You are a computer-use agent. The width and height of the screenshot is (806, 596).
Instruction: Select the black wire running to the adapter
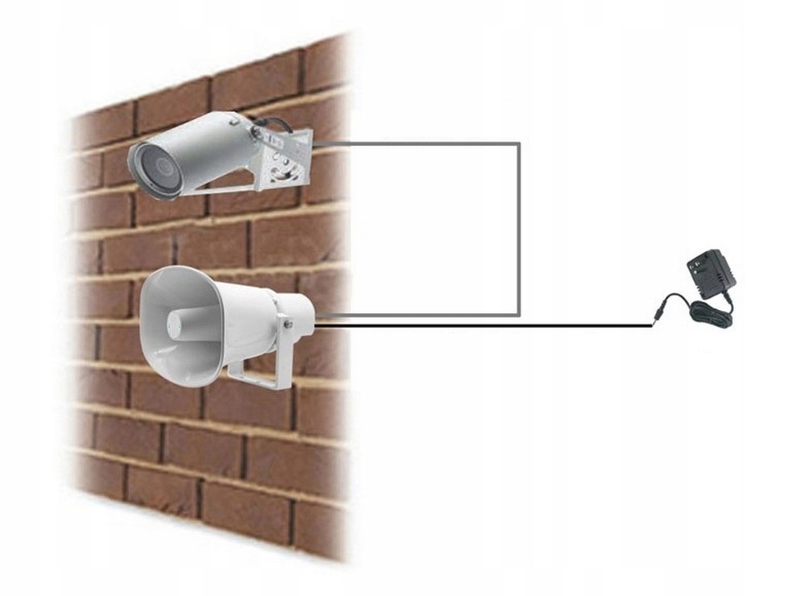484,326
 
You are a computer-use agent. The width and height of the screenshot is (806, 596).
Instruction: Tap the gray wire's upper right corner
518,144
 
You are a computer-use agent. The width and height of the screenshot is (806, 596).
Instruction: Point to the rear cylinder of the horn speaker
290,310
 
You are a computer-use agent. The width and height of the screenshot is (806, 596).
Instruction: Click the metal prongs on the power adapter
692,259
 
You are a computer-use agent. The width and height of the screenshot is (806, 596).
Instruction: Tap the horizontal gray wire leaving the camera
419,144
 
